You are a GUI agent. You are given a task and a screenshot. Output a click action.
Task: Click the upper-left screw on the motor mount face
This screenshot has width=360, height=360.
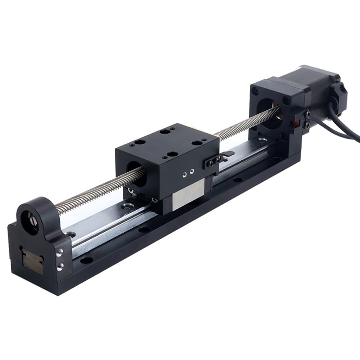[x=256, y=91]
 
